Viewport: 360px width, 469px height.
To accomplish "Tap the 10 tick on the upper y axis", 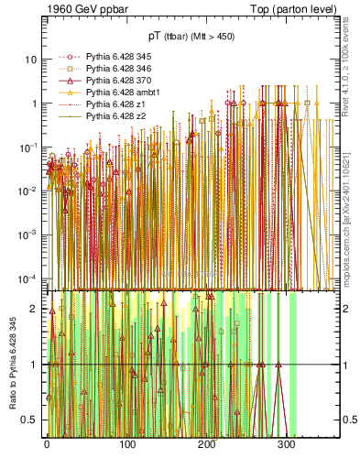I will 31,60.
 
